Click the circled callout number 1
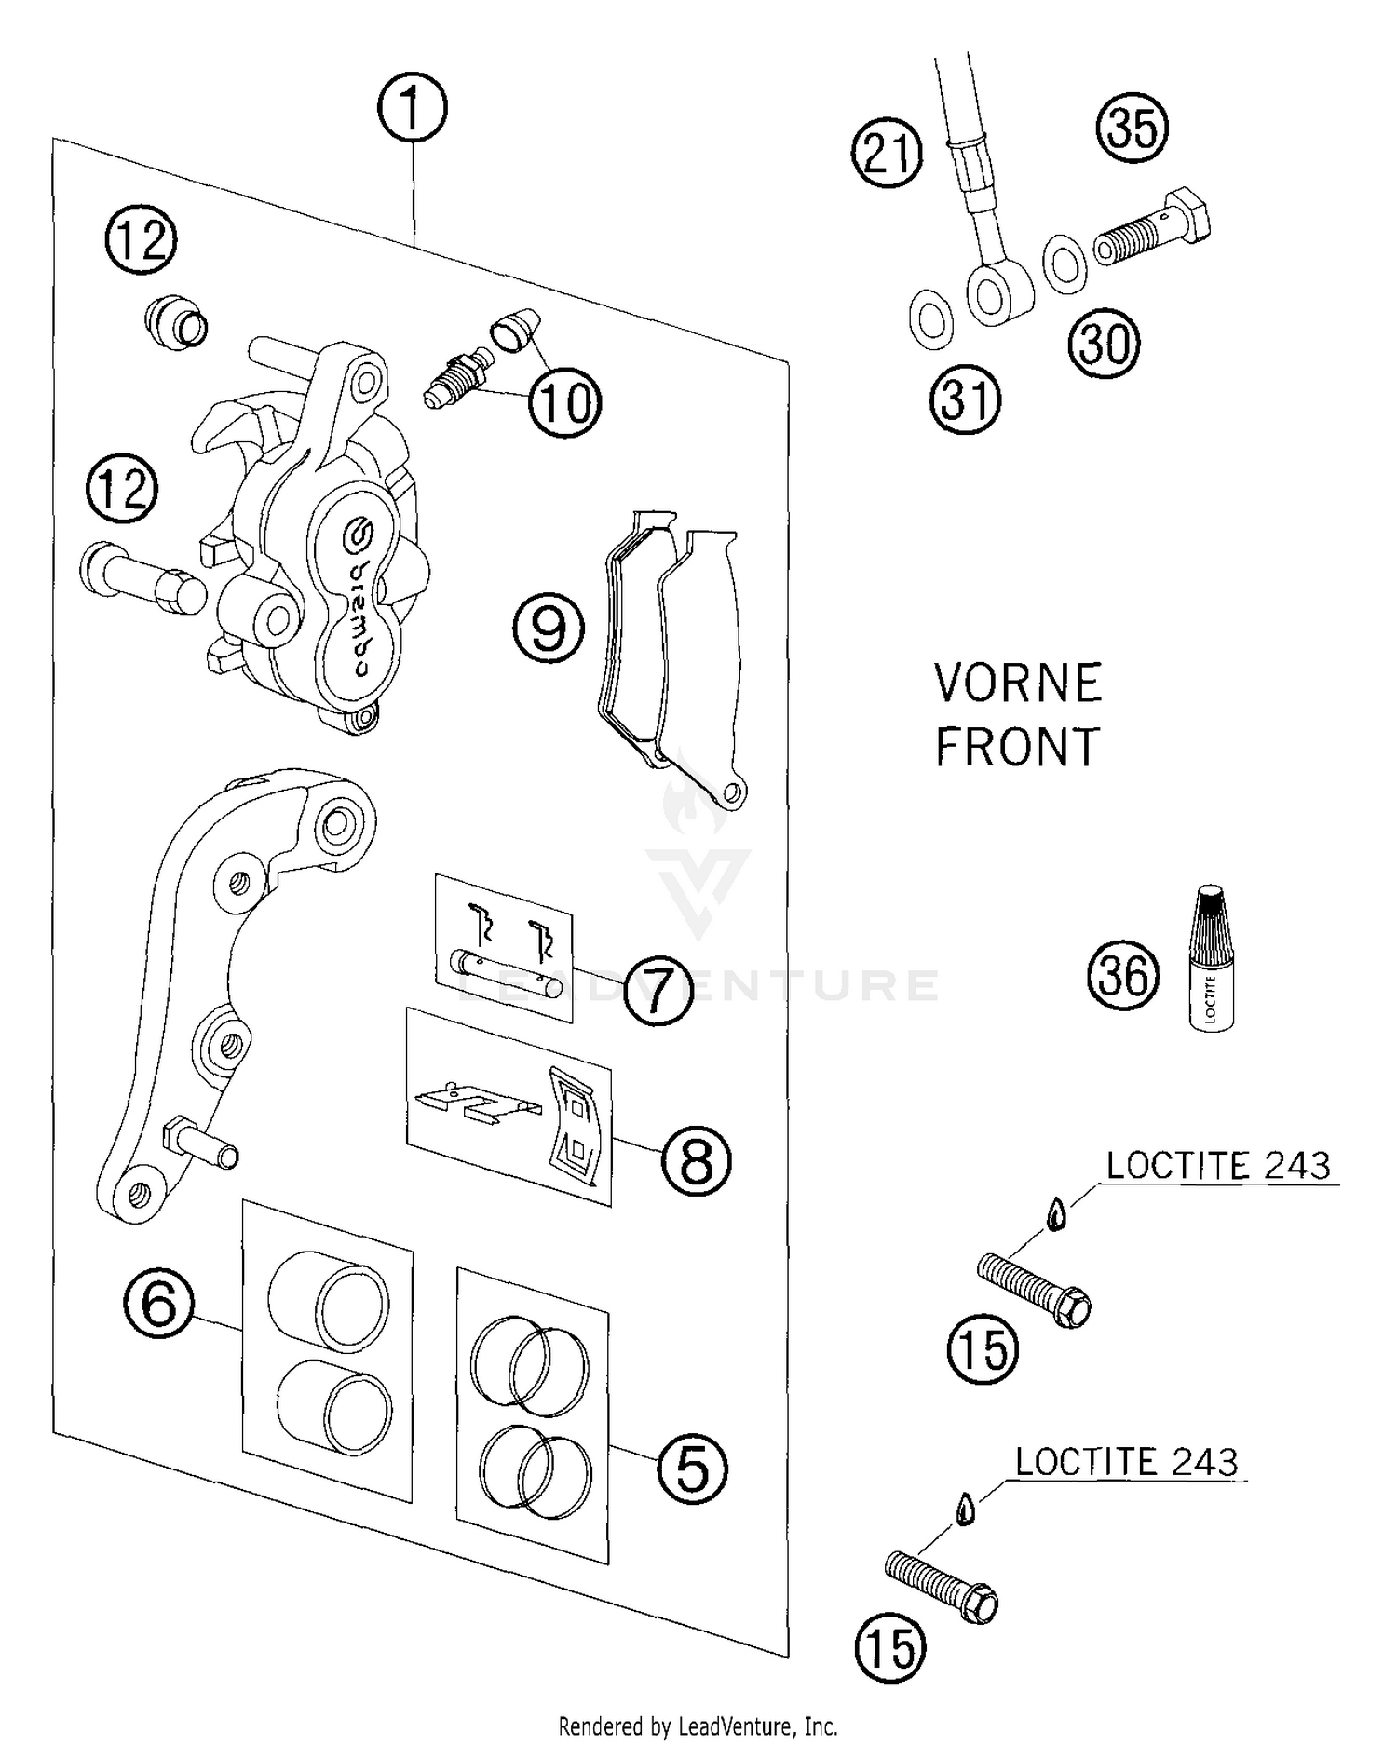(x=412, y=108)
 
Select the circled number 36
(x=1123, y=977)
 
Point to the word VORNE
(x=1017, y=684)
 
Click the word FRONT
(x=1017, y=747)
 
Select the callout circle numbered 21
(x=887, y=153)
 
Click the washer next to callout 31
(x=930, y=319)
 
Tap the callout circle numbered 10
(x=565, y=402)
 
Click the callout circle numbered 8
(x=697, y=1160)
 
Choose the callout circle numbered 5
(x=692, y=1469)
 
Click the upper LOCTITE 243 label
(x=1218, y=1166)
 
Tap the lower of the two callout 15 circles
(x=890, y=1647)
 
